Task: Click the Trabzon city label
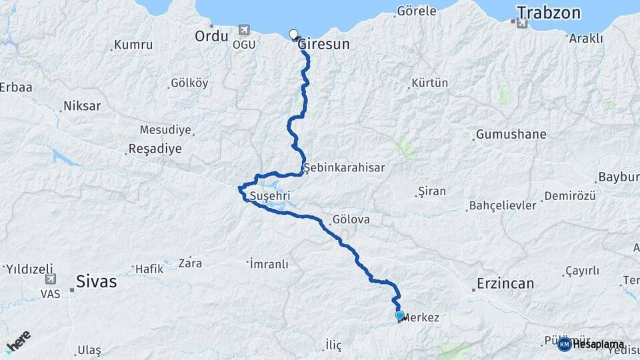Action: click(x=549, y=13)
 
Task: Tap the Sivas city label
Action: click(x=97, y=281)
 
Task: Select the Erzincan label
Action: click(x=505, y=283)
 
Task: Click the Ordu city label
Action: click(x=211, y=36)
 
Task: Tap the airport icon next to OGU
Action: click(x=244, y=31)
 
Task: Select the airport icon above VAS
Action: click(x=50, y=279)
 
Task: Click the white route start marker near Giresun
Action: click(x=293, y=35)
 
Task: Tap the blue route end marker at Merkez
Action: click(x=399, y=315)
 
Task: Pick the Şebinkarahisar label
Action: click(x=344, y=168)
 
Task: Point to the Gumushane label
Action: click(x=511, y=134)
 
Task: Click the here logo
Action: click(x=18, y=342)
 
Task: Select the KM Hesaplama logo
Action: click(x=591, y=344)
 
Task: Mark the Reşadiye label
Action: click(x=154, y=149)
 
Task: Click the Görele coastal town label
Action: click(x=417, y=11)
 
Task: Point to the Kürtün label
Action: click(x=429, y=83)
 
